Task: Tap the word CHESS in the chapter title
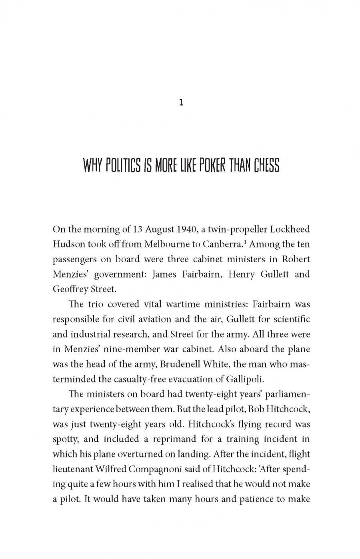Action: coord(266,165)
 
